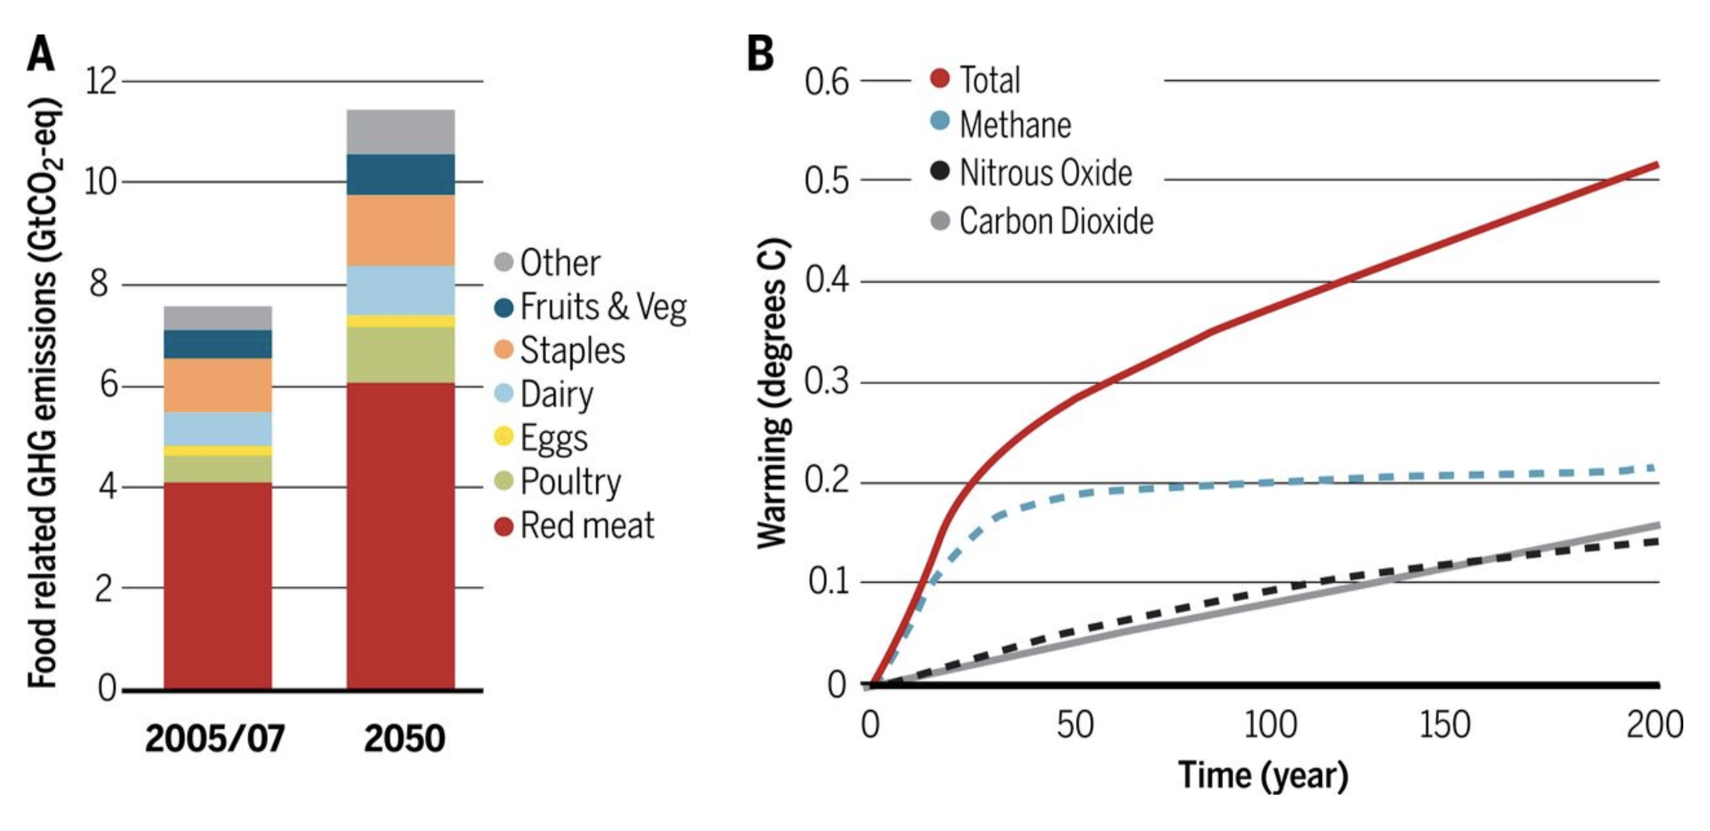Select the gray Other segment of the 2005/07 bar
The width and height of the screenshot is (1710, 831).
[x=218, y=318]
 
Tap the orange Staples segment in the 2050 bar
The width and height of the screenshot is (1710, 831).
[x=400, y=230]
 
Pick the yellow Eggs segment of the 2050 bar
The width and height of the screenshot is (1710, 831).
[x=400, y=321]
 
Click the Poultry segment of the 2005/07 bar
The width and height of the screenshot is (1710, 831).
[x=218, y=469]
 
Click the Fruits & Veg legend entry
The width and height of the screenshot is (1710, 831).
[x=591, y=307]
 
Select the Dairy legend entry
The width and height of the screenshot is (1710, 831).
[x=545, y=394]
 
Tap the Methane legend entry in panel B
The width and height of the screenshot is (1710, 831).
[x=1001, y=124]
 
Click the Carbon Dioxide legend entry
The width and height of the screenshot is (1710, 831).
[x=1042, y=221]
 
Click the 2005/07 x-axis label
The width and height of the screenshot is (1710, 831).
[x=215, y=738]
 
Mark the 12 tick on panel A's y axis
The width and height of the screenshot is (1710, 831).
[x=101, y=81]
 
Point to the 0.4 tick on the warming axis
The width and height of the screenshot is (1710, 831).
[x=826, y=280]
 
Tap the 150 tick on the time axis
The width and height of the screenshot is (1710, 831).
[x=1444, y=724]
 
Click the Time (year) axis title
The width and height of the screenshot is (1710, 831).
[x=1263, y=776]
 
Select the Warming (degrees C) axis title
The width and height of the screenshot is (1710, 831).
[x=772, y=393]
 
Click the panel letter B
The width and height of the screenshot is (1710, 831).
[x=760, y=55]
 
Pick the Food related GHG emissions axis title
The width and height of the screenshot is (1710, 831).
[x=44, y=393]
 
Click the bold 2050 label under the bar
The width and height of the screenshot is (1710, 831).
[x=404, y=738]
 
